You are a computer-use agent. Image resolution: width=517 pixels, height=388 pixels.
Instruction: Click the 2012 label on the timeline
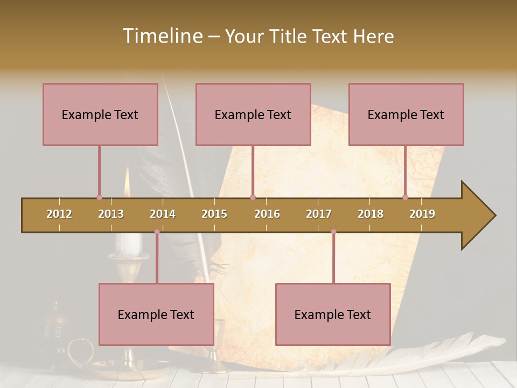pyautogui.click(x=59, y=214)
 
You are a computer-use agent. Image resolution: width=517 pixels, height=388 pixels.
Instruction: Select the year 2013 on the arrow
pyautogui.click(x=111, y=214)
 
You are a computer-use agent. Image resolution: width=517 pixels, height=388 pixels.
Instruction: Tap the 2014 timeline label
pyautogui.click(x=163, y=214)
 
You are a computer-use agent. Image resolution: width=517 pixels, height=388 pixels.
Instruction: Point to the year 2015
pyautogui.click(x=214, y=214)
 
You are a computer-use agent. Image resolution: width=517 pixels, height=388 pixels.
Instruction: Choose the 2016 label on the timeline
pyautogui.click(x=267, y=214)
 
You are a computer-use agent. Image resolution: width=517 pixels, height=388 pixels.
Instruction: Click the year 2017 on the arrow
pyautogui.click(x=319, y=214)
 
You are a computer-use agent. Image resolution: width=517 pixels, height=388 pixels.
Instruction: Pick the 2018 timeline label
pyautogui.click(x=371, y=214)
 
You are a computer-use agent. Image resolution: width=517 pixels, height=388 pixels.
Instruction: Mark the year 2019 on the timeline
pyautogui.click(x=422, y=214)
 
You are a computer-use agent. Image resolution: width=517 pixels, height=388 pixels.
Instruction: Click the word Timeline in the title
pyautogui.click(x=162, y=36)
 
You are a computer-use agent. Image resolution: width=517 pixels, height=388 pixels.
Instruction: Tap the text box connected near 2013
pyautogui.click(x=100, y=114)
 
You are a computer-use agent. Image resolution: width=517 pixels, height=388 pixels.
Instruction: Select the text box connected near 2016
pyautogui.click(x=253, y=114)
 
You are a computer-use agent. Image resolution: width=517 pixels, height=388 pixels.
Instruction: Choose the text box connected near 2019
pyautogui.click(x=406, y=114)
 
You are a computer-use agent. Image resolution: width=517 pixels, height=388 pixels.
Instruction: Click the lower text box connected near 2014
pyautogui.click(x=156, y=314)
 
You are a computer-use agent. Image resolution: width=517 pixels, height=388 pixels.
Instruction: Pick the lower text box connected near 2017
pyautogui.click(x=333, y=314)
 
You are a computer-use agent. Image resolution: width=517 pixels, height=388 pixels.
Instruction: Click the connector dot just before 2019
pyautogui.click(x=406, y=197)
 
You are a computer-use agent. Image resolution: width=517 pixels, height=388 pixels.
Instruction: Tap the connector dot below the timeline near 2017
pyautogui.click(x=333, y=232)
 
